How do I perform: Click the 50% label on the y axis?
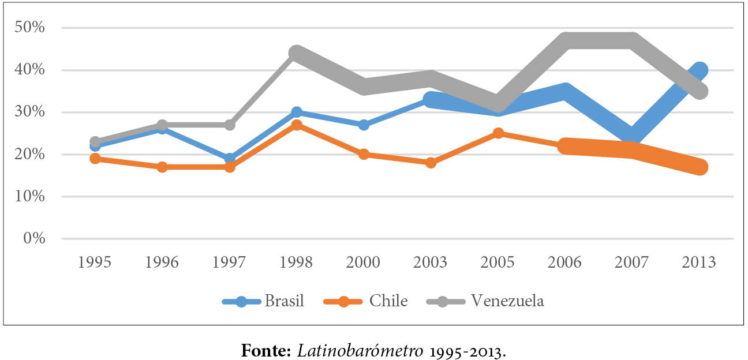(31, 28)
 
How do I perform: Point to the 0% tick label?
(34, 238)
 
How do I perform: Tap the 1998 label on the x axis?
(296, 262)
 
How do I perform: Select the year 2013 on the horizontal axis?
(700, 262)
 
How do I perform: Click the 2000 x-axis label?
(363, 262)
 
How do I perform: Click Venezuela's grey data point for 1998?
(296, 54)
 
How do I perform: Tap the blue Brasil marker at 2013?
(700, 70)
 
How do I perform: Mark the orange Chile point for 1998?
(296, 125)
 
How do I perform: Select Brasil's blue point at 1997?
(229, 159)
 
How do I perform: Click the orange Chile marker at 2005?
(498, 134)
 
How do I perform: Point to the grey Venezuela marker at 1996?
(162, 125)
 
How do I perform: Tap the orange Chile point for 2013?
(700, 167)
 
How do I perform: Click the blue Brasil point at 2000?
(364, 125)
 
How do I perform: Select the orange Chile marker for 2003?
(431, 163)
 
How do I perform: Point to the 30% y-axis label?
(31, 112)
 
